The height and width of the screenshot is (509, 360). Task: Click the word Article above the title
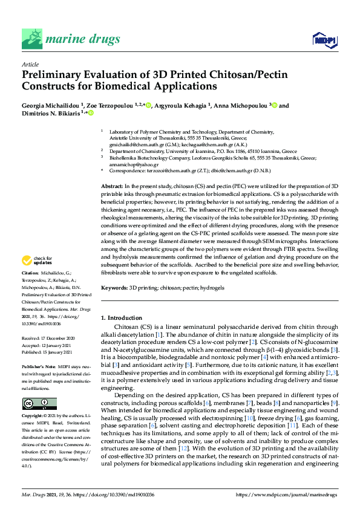tap(30, 65)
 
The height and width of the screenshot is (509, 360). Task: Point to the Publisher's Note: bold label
tap(40, 367)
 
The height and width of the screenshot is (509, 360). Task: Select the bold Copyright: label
tap(34, 417)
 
